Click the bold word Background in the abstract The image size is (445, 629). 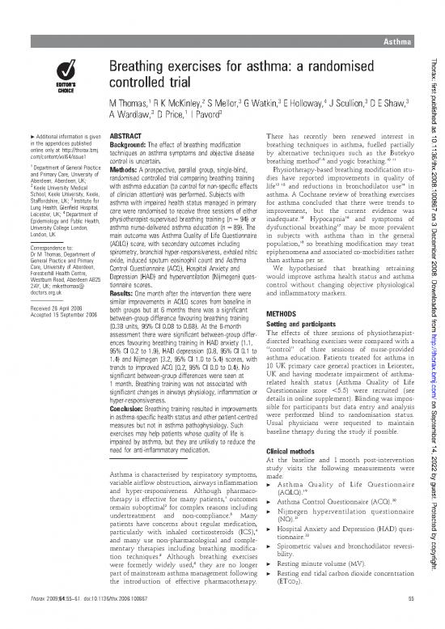[134, 145]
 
